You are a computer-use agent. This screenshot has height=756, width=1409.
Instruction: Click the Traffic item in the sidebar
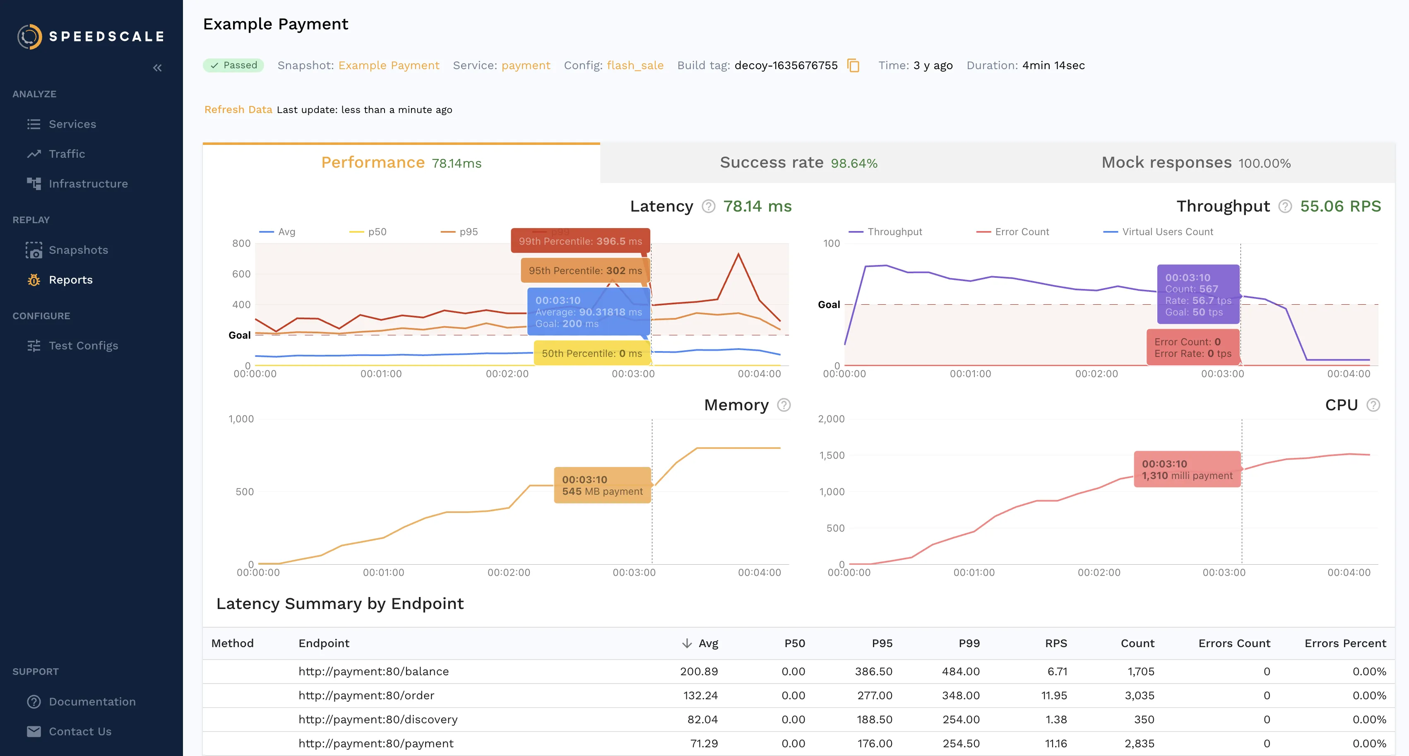pos(66,154)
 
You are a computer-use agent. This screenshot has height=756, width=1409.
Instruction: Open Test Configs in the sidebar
pos(83,346)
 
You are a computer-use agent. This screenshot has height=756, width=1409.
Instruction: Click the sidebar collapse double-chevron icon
pos(158,68)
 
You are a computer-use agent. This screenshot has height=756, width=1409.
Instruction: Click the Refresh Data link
pos(238,109)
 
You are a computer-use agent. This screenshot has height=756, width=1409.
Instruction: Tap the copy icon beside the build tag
pos(853,66)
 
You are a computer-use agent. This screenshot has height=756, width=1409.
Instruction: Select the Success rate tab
pos(798,163)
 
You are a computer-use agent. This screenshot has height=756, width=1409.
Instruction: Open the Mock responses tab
pos(1196,163)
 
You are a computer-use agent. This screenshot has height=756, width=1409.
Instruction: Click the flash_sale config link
pos(635,66)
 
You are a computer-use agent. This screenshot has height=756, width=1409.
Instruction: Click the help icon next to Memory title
pos(784,405)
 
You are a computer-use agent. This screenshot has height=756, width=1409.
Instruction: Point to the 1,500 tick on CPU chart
pos(832,455)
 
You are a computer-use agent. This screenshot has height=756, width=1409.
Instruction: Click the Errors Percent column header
pos(1345,643)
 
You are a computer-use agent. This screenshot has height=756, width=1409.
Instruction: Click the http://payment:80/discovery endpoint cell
pos(378,719)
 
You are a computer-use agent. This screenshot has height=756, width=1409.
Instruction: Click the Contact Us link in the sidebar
pos(80,732)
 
